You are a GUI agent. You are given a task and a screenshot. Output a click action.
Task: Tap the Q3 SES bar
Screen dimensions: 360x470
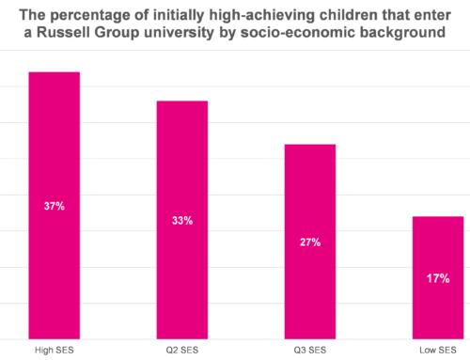pos(310,242)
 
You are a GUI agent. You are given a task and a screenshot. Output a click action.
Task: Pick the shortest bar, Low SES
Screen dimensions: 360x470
pos(438,277)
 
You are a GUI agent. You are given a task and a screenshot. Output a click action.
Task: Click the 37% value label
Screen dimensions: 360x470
pos(54,206)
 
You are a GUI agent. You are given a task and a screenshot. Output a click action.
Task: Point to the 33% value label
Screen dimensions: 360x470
pos(181,221)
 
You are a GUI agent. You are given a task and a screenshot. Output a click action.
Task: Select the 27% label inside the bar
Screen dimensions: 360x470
pos(310,243)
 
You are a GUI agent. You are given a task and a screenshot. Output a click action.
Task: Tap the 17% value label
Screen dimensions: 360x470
pos(438,278)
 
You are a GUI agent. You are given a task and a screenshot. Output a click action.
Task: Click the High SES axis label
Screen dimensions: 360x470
pos(54,350)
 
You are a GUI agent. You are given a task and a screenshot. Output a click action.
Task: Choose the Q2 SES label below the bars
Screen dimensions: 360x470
pos(181,350)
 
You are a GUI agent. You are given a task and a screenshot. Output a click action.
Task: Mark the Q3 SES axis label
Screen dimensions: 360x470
pos(310,350)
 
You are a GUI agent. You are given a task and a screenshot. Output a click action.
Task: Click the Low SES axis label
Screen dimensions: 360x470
pos(438,350)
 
